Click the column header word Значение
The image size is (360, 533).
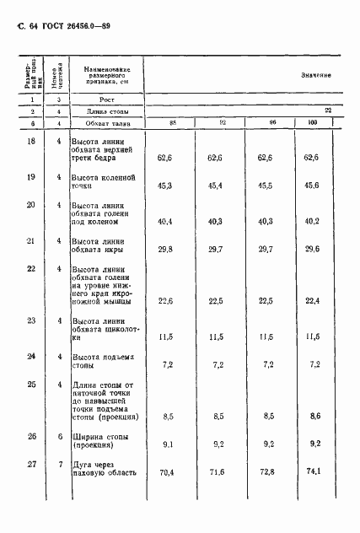pos(316,75)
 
